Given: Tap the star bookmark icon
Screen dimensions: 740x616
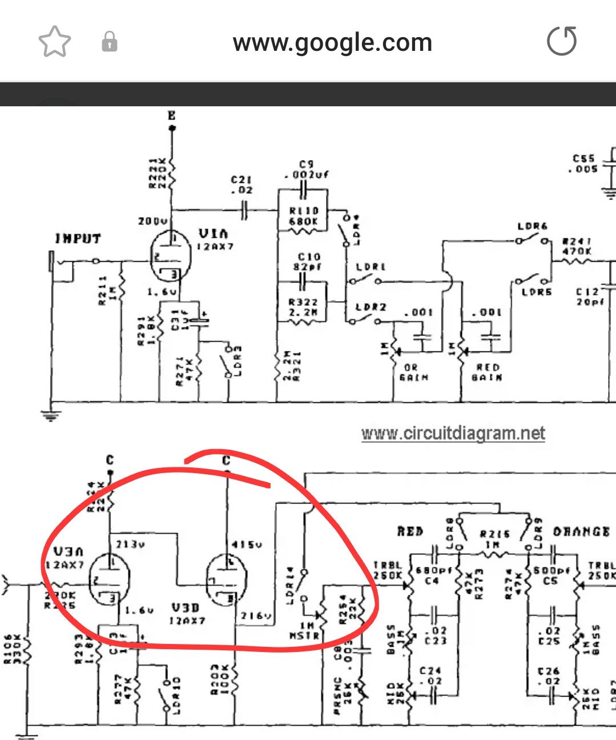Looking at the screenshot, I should point(54,42).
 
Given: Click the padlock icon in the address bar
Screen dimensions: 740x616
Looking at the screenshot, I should point(109,42).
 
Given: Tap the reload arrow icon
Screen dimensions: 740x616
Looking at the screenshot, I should point(562,42).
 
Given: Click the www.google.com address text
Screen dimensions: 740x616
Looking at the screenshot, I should point(332,42).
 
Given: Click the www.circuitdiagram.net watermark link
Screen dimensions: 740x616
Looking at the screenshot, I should point(453,433).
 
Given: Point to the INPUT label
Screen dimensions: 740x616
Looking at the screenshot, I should point(78,239).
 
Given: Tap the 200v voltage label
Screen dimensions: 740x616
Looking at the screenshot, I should point(152,220).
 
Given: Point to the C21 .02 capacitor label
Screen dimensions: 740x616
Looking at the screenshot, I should point(241,184).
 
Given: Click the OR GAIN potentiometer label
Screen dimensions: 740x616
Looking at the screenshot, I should point(410,372).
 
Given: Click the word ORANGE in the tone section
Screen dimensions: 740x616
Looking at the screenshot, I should point(581,532).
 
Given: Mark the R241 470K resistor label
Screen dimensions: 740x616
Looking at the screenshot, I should point(577,246).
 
